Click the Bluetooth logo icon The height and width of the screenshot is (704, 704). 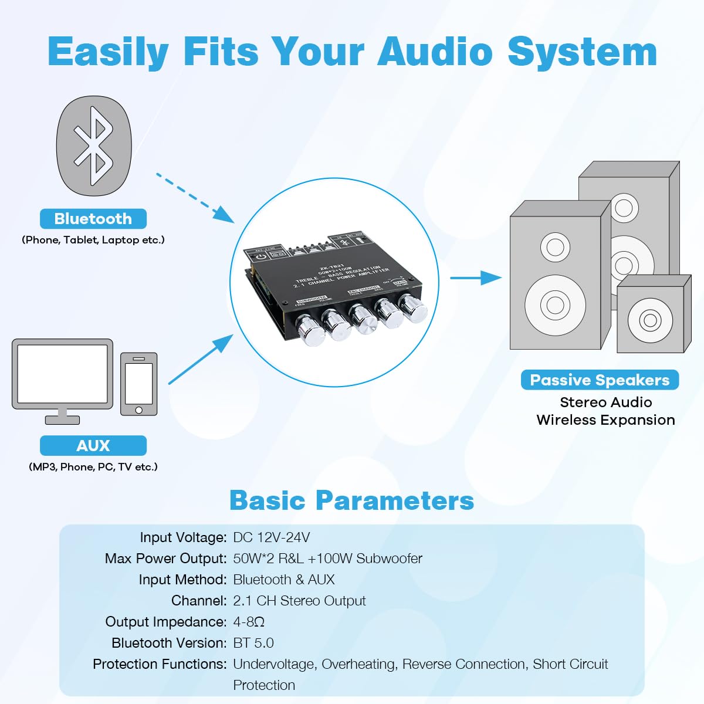tap(94, 146)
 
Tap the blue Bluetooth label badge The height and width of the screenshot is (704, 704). tap(93, 219)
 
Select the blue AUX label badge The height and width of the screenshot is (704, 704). tap(93, 446)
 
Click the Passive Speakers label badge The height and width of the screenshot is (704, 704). tap(600, 380)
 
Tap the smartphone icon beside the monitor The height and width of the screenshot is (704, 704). tap(139, 384)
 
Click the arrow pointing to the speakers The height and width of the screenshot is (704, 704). tap(475, 277)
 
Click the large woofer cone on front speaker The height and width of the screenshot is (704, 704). tap(555, 304)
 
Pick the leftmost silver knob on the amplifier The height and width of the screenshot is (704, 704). tap(309, 331)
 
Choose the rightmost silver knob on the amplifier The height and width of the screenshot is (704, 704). tap(414, 307)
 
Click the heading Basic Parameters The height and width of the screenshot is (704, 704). tap(351, 500)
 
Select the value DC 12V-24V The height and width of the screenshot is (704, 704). tap(272, 537)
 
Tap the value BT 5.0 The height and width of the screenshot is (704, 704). tap(253, 643)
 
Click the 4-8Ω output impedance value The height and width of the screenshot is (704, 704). tap(249, 622)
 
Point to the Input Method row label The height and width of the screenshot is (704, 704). tap(182, 580)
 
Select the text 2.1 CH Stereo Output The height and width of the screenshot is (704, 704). tap(299, 601)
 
